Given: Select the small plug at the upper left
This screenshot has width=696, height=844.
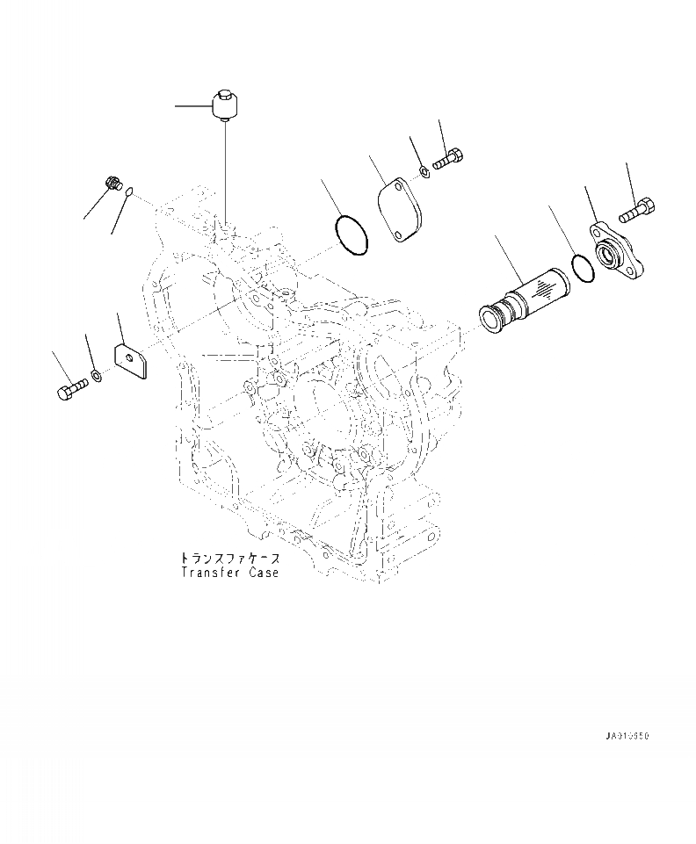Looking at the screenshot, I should point(112,184).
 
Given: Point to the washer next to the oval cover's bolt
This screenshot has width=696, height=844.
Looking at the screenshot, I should point(424,168).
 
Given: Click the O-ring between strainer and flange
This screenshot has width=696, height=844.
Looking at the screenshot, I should point(583,268).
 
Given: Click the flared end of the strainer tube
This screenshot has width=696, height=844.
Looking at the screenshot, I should point(489,315).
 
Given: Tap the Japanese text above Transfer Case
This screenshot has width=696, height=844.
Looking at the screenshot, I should point(230,559).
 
